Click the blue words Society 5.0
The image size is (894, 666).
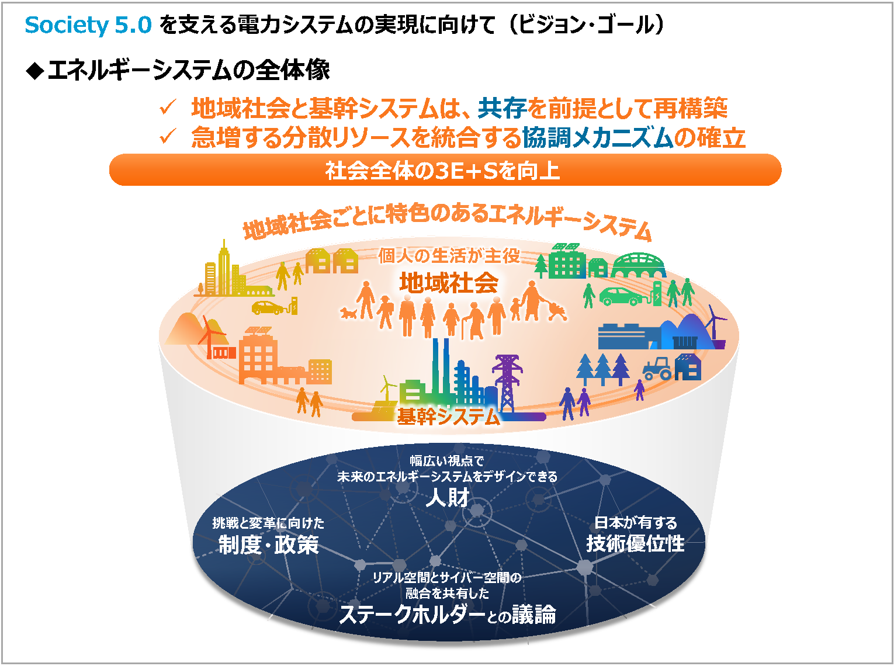(x=88, y=25)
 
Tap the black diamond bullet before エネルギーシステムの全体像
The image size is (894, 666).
(x=35, y=71)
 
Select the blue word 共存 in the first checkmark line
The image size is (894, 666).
(x=503, y=108)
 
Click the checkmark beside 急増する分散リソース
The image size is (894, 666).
(x=168, y=136)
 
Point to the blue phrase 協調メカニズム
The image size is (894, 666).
(x=598, y=137)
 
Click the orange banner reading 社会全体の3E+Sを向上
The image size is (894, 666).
(x=445, y=170)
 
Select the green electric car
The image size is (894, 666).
(x=623, y=296)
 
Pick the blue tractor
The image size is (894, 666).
(x=657, y=368)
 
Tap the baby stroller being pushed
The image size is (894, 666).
(x=556, y=311)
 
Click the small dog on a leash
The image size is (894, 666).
(x=348, y=313)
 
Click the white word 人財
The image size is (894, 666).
(x=448, y=497)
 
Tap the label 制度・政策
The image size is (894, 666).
(x=268, y=544)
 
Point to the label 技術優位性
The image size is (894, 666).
(x=635, y=543)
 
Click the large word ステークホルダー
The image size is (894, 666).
(x=412, y=615)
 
